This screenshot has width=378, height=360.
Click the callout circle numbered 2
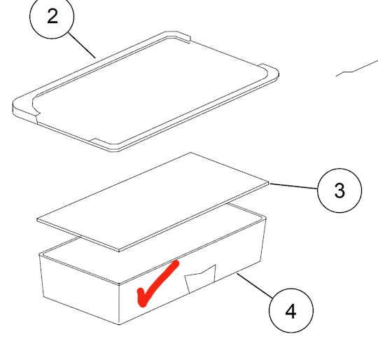pyautogui.click(x=52, y=18)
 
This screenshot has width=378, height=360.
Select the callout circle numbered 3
pyautogui.click(x=339, y=190)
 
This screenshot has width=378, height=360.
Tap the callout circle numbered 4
pyautogui.click(x=290, y=310)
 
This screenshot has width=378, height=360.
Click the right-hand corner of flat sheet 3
pyautogui.click(x=268, y=184)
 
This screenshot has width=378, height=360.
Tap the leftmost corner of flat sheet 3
pyautogui.click(x=39, y=220)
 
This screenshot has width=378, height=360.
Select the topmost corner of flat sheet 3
pyautogui.click(x=190, y=153)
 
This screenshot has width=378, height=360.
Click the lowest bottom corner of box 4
pyautogui.click(x=121, y=324)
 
